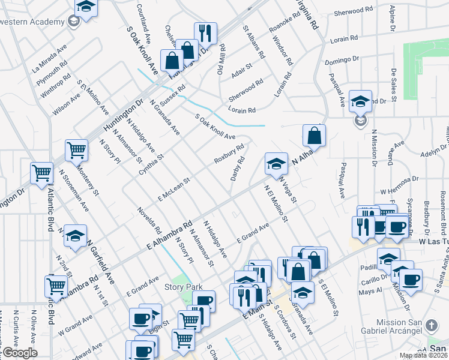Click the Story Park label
(x=181, y=287)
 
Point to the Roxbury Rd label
(x=229, y=154)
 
